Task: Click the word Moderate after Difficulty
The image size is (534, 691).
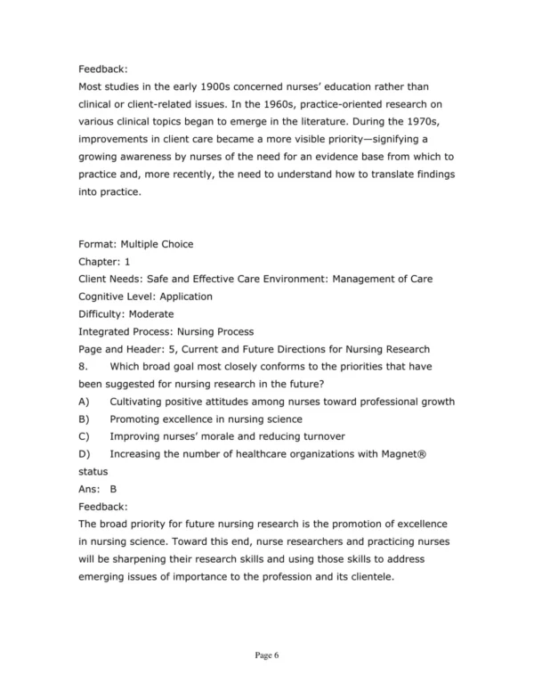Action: click(150, 313)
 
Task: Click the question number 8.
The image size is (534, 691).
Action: click(83, 365)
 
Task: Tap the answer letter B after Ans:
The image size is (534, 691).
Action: click(113, 488)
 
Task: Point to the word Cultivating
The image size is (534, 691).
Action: click(141, 401)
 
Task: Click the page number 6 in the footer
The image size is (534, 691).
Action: click(277, 654)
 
